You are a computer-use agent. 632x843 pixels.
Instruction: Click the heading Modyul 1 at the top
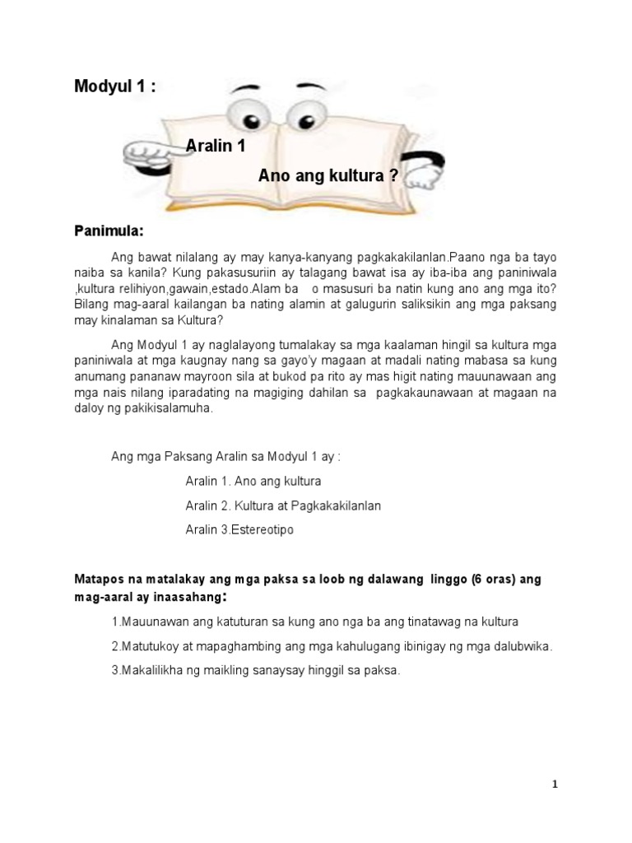[114, 87]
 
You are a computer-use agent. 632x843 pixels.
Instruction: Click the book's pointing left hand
[153, 153]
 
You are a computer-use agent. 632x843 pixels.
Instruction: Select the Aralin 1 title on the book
[216, 147]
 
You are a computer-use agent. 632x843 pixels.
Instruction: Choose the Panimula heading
[109, 230]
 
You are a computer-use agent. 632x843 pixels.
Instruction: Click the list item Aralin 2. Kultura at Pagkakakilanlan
[283, 505]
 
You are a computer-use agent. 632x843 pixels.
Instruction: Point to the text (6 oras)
[495, 580]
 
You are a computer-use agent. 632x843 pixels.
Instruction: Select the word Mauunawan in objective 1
[156, 622]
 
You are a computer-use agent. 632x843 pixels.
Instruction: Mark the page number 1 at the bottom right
[555, 785]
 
